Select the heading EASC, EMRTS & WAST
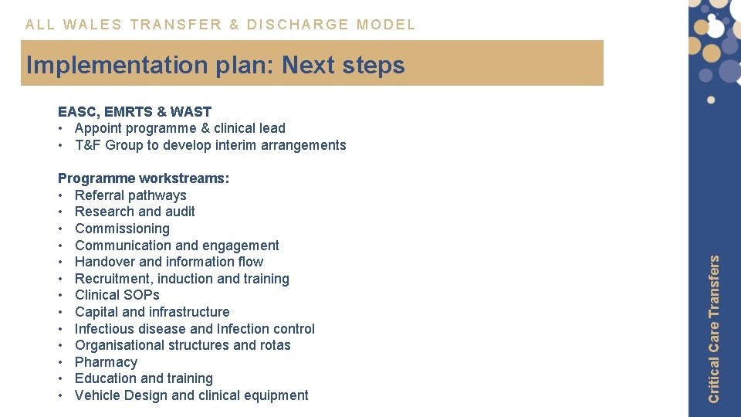(134, 112)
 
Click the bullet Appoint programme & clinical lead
(180, 128)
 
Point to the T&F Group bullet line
(210, 145)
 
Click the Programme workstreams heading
(144, 178)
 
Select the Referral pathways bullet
(130, 195)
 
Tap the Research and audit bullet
(134, 212)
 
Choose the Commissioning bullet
(122, 229)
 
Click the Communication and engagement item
(177, 246)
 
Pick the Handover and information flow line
(168, 262)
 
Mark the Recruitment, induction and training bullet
(181, 279)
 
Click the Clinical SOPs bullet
(117, 295)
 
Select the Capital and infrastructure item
(152, 312)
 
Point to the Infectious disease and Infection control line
(195, 329)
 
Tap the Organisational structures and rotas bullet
(182, 345)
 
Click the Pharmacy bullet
(106, 362)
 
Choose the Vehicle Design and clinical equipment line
(191, 395)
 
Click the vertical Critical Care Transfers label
(714, 329)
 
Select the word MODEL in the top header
(386, 25)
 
